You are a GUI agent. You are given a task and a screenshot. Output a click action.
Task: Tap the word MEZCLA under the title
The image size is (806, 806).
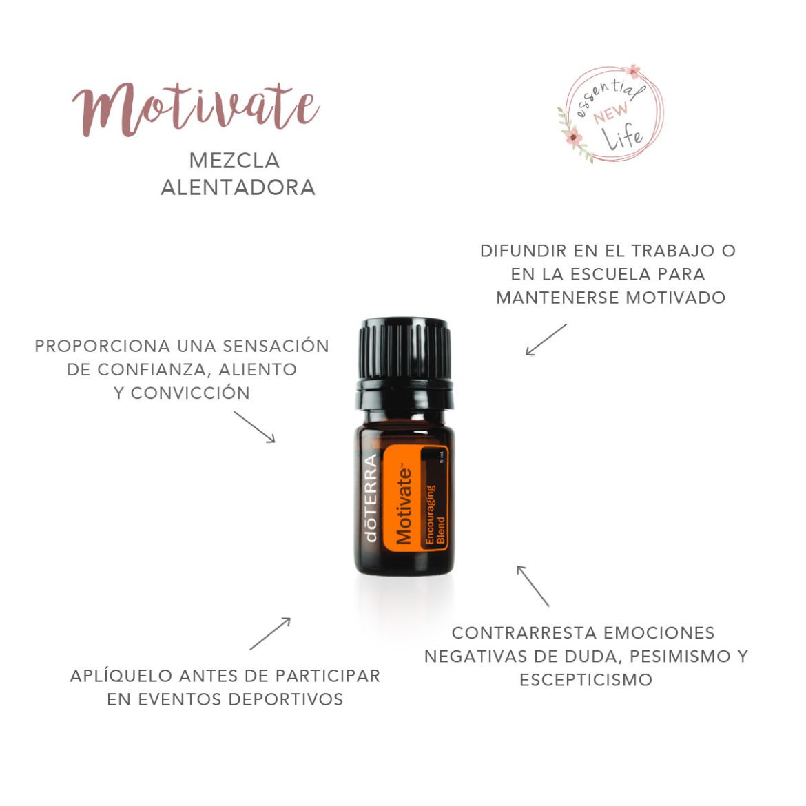234,161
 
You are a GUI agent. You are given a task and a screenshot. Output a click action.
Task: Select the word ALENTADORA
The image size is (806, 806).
238,187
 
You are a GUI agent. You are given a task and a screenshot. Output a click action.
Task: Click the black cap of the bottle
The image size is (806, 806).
404,348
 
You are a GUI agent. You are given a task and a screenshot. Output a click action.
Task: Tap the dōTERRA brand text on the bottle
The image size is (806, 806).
371,497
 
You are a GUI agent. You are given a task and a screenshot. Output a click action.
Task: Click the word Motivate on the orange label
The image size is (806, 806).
404,505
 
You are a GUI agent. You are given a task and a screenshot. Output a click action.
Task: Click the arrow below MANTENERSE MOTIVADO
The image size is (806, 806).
546,340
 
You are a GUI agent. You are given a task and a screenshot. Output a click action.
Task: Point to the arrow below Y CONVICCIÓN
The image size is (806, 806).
254,427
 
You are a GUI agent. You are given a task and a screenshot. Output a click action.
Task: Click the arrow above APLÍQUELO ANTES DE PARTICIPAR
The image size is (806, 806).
270,633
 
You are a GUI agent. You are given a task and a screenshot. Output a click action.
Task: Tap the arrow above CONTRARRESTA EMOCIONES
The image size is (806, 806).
533,586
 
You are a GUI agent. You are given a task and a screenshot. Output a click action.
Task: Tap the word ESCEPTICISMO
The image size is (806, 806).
586,680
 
